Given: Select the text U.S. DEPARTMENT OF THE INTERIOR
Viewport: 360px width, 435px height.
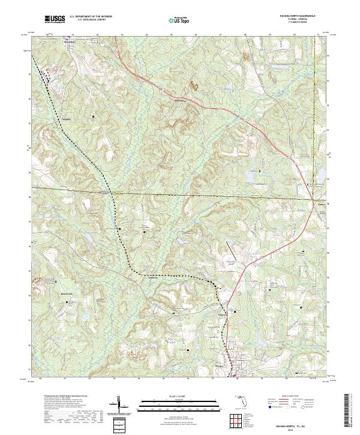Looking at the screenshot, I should tap(90, 17).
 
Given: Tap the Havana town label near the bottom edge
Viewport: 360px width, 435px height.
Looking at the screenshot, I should tap(220, 364).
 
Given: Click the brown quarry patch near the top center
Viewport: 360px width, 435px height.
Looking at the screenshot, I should tap(193, 85).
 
